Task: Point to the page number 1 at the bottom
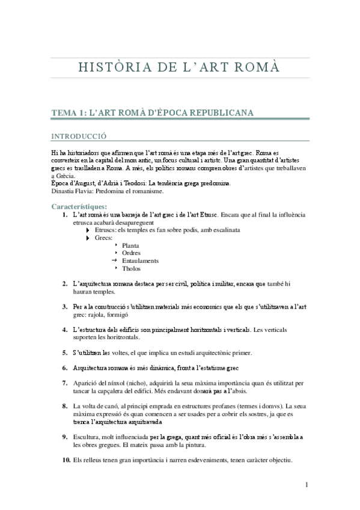[307, 485]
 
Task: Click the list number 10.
[66, 460]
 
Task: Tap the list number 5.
[65, 352]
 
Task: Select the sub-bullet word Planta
[130, 245]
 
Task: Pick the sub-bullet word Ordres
[131, 253]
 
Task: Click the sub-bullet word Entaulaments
[140, 260]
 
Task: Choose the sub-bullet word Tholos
[131, 268]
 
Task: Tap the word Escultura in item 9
[87, 437]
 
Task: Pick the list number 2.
[65, 283]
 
